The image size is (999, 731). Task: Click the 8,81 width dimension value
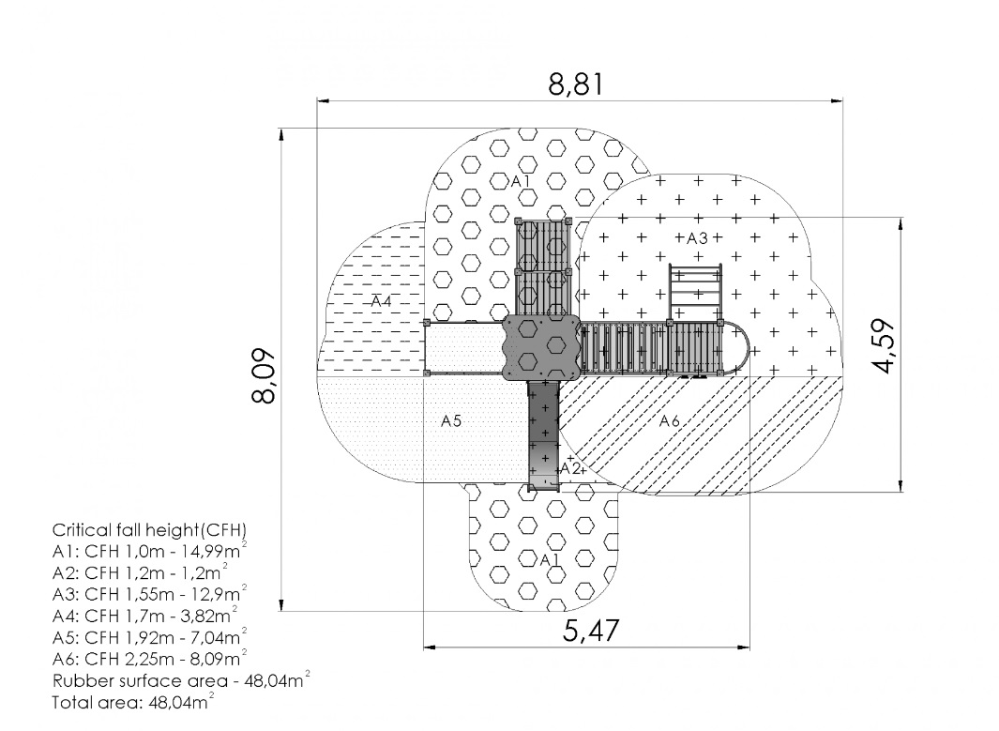[x=575, y=84]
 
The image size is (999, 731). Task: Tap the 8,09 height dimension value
[x=264, y=375]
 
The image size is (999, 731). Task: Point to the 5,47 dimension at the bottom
[x=591, y=631]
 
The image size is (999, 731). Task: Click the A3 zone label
[x=697, y=238]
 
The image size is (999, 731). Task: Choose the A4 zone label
[x=381, y=301]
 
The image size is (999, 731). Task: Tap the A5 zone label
[x=451, y=420]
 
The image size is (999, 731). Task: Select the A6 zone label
[x=670, y=420]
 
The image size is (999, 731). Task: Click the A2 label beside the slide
[x=570, y=469]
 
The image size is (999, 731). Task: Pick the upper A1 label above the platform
[x=521, y=182]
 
